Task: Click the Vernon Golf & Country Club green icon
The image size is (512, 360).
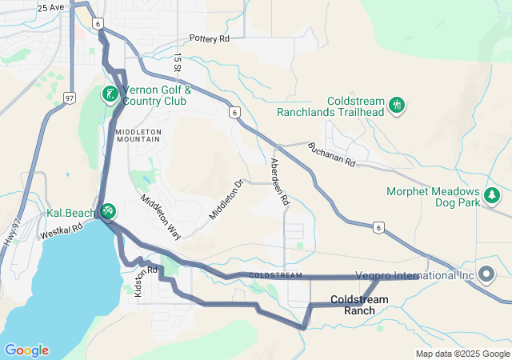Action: tap(109, 94)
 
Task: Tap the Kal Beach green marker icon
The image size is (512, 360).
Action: tap(108, 211)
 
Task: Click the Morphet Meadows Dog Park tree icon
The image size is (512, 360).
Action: tap(491, 194)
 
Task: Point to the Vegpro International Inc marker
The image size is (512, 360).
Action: tap(486, 274)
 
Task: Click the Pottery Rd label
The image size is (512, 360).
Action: tap(210, 38)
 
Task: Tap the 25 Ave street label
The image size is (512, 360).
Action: tap(50, 7)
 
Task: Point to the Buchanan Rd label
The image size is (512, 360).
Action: tap(331, 154)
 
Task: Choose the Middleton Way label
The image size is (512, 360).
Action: tap(161, 216)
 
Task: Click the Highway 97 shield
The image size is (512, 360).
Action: tap(69, 98)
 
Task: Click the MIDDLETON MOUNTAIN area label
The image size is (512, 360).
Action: tap(138, 135)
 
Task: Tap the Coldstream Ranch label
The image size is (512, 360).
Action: tap(359, 304)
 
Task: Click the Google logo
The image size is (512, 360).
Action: tap(26, 350)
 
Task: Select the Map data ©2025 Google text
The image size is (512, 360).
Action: tap(462, 354)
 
